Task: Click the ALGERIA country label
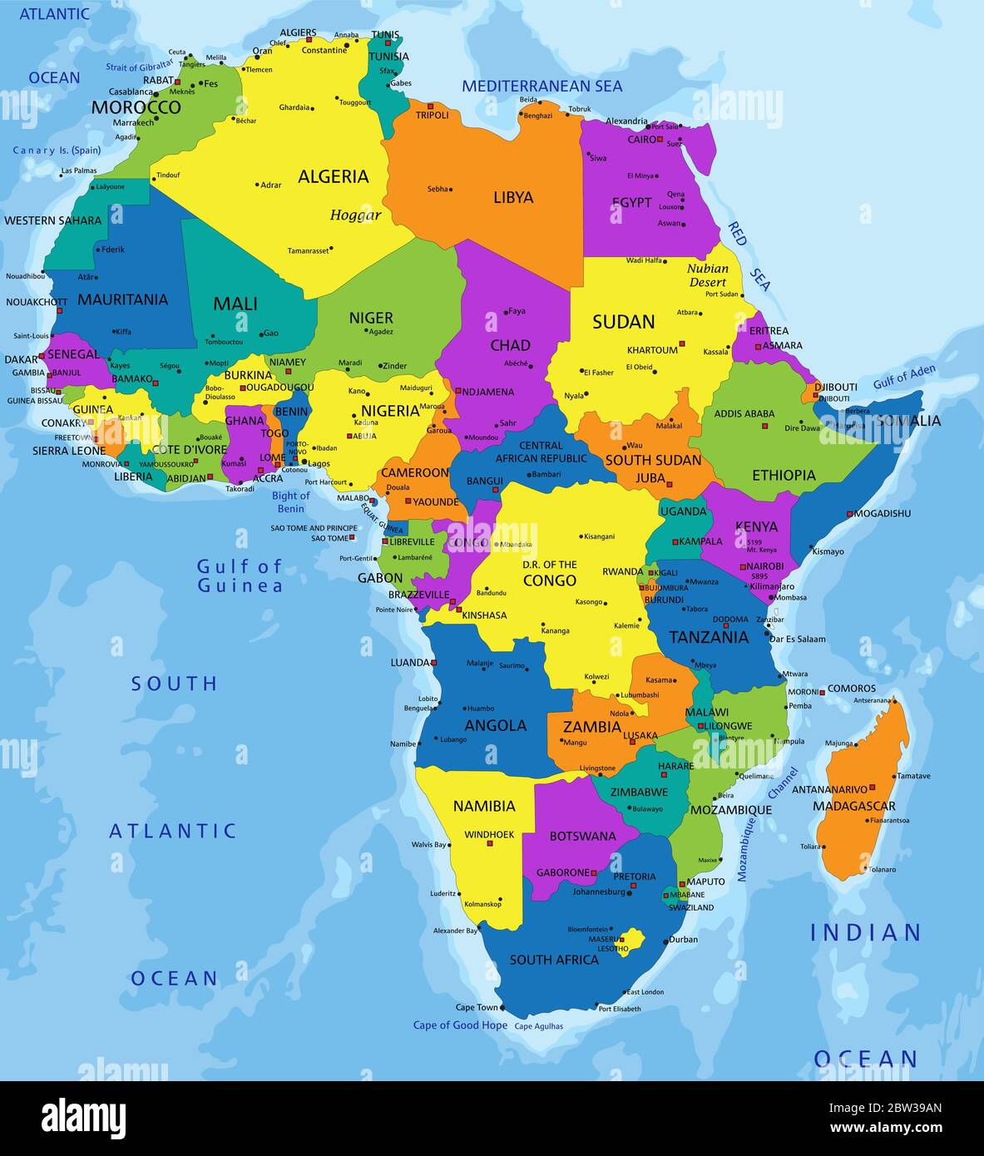click(x=333, y=176)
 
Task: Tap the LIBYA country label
click(x=513, y=198)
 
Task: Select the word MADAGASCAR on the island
click(x=853, y=806)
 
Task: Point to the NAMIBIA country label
click(x=484, y=806)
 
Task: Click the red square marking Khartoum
click(x=682, y=343)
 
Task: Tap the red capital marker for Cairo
click(x=660, y=139)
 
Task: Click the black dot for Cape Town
click(x=502, y=1008)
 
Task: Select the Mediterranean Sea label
click(x=541, y=86)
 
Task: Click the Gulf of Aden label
click(x=904, y=377)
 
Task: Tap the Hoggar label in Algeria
click(x=355, y=215)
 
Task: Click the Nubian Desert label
click(x=708, y=275)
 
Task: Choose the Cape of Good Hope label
click(x=460, y=1025)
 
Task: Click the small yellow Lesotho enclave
click(x=634, y=940)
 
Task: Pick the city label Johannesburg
click(x=599, y=892)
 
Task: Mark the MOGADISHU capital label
click(x=883, y=514)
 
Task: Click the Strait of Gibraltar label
click(x=140, y=65)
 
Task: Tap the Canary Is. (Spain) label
click(x=57, y=151)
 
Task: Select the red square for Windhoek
click(x=491, y=844)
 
